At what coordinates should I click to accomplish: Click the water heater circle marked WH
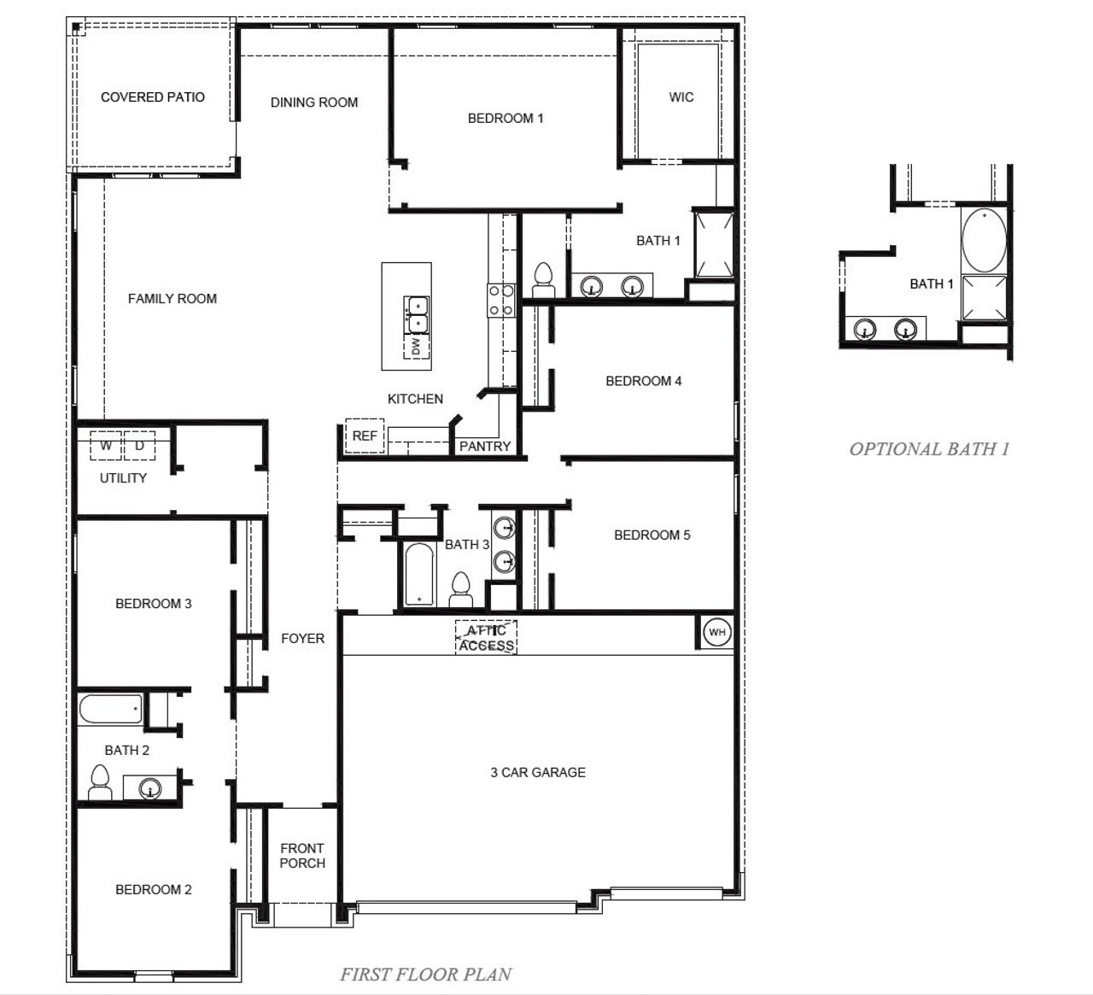click(x=716, y=632)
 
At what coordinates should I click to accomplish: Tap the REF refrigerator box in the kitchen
click(x=365, y=436)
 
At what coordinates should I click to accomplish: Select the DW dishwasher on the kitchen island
click(x=416, y=347)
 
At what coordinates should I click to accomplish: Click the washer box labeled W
click(x=107, y=446)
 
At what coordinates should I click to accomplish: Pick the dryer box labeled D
click(x=139, y=446)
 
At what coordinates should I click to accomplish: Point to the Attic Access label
click(x=486, y=638)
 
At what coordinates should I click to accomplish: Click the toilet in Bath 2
click(x=100, y=782)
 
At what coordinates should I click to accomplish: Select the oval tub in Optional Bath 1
click(x=984, y=239)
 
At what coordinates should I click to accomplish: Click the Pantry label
click(x=484, y=446)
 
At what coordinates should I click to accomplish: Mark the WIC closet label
click(x=681, y=97)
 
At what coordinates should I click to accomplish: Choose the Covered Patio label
click(x=153, y=97)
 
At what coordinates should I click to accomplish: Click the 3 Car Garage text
click(x=538, y=772)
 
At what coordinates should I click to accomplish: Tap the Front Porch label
click(x=302, y=856)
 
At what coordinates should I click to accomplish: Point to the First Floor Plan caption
click(x=425, y=974)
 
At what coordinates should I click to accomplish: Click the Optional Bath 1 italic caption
click(x=929, y=449)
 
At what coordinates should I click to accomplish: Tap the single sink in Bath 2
click(x=150, y=788)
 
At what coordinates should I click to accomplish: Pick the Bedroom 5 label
click(x=652, y=536)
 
